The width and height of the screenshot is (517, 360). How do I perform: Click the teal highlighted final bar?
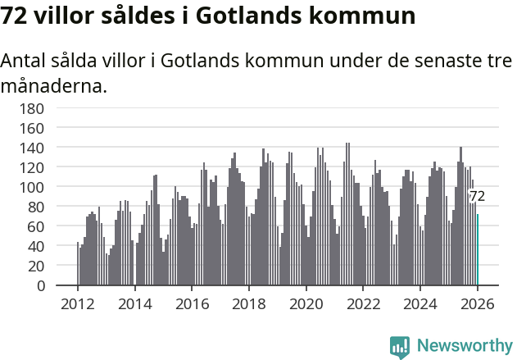coord(478,250)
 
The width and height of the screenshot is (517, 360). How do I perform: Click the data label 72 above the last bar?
coord(477,197)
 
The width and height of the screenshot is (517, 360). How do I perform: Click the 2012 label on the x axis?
coord(78,303)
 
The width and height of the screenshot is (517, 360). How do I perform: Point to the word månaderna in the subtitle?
coord(53,85)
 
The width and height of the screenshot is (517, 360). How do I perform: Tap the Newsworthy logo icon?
coord(400,347)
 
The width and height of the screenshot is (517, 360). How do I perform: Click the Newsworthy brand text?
coord(464,347)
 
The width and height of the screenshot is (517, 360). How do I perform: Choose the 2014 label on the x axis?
coord(135,303)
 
